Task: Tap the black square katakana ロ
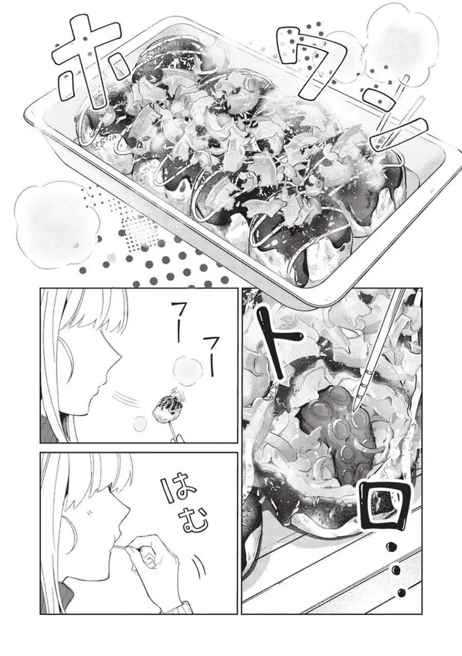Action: coord(384,504)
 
